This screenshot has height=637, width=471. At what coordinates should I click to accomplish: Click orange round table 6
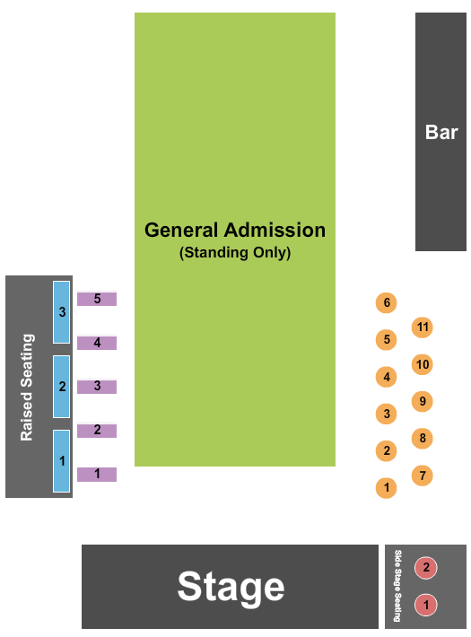(387, 303)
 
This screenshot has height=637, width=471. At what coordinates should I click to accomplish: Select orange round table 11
(423, 327)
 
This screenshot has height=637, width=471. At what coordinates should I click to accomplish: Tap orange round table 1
(387, 488)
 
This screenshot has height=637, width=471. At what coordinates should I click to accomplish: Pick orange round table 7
(423, 475)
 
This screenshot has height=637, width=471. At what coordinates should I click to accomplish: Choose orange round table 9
(423, 401)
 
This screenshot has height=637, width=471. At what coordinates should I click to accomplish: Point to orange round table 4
(387, 377)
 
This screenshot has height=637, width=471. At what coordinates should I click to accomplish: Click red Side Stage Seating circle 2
(426, 568)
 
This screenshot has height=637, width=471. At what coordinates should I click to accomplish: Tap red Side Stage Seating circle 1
(426, 605)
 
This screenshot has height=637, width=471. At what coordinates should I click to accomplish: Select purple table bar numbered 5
(97, 299)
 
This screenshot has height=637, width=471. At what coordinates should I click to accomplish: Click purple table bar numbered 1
(97, 474)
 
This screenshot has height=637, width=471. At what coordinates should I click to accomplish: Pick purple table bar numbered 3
(97, 387)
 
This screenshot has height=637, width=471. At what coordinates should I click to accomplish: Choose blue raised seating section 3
(61, 312)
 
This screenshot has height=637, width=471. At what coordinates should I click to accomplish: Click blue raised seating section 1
(61, 460)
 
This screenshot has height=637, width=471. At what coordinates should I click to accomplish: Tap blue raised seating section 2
(61, 387)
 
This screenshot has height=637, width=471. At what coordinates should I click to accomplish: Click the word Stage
(231, 587)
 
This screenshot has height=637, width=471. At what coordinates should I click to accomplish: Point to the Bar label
(441, 133)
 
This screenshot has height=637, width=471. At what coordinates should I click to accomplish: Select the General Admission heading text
(235, 230)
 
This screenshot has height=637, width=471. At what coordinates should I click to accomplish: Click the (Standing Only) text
(235, 253)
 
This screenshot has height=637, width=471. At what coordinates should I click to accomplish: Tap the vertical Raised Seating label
(27, 387)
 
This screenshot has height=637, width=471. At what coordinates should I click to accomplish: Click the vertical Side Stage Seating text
(397, 587)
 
